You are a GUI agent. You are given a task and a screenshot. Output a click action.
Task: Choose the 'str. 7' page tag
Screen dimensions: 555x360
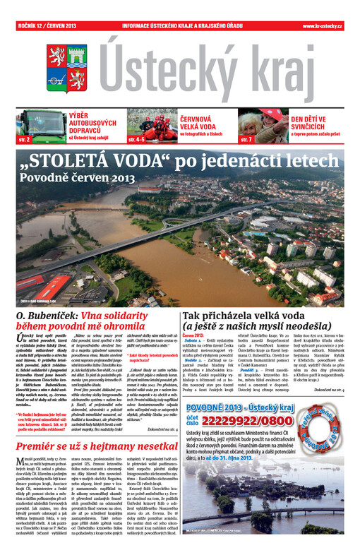(246, 140)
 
